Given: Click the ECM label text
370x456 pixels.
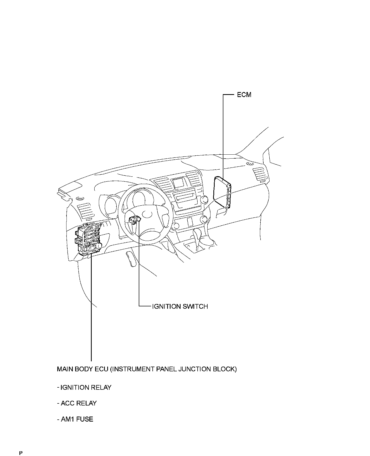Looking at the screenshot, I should point(244,95).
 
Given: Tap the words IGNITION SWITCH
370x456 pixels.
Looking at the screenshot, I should point(180,306).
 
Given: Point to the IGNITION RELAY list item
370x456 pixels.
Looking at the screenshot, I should point(84,387).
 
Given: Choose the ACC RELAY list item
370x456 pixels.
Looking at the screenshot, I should point(77,403).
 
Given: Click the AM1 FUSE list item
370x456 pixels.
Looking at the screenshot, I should point(75,419).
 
